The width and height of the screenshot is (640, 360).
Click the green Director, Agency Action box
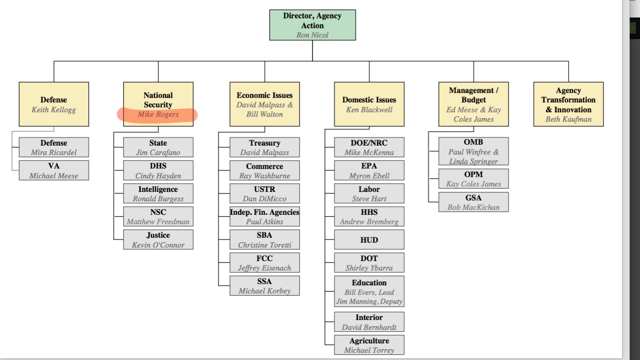[312, 25]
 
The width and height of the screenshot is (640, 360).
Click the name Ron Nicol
[312, 35]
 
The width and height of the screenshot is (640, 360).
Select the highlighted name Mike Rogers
[158, 115]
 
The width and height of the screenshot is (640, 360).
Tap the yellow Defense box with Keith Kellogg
[53, 104]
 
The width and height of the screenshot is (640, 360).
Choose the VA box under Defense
[53, 171]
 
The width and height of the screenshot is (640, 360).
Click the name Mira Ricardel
[53, 152]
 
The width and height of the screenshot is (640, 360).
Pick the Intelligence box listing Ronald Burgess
[158, 194]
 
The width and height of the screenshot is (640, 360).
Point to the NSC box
[158, 217]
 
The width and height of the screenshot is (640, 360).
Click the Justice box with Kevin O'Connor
[158, 240]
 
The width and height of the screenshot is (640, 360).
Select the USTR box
[264, 194]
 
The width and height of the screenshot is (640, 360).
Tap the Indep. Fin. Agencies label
[264, 212]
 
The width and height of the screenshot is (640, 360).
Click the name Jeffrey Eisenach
[264, 268]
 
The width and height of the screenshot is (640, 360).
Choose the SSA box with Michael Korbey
[264, 286]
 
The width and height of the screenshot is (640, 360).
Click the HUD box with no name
[369, 240]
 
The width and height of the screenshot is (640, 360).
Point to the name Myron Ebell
[369, 176]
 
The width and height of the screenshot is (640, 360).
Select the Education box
[369, 291]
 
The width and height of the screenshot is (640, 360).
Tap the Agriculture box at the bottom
[369, 345]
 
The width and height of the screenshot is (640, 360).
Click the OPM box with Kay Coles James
[473, 178]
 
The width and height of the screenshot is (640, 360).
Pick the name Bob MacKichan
[473, 207]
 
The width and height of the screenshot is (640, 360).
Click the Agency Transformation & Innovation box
[568, 104]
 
